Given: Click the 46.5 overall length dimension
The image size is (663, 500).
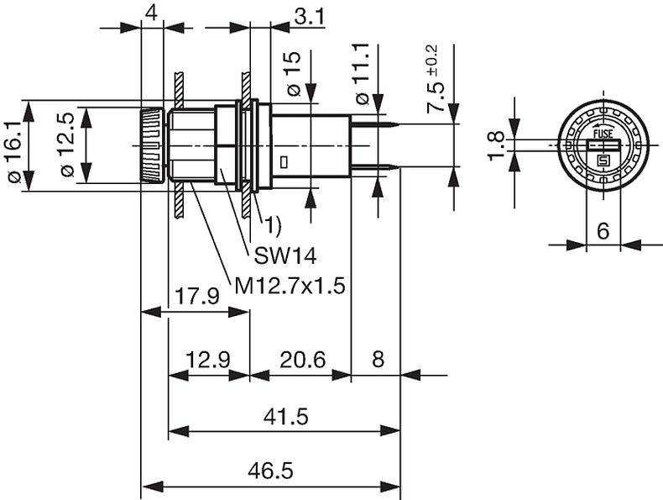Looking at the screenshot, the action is click(x=270, y=471).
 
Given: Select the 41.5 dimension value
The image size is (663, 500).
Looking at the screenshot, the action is click(x=286, y=417).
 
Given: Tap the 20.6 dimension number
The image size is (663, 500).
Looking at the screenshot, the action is click(x=303, y=360).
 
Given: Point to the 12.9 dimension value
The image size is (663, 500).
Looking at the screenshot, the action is click(x=208, y=360).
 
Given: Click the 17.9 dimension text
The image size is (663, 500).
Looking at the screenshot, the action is click(x=197, y=297).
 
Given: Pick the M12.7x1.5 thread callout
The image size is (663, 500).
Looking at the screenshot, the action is click(x=290, y=287).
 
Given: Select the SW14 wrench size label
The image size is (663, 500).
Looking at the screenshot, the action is click(x=285, y=255).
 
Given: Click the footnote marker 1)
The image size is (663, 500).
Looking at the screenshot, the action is click(x=273, y=226).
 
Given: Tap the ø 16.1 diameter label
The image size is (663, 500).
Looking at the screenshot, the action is click(x=14, y=152).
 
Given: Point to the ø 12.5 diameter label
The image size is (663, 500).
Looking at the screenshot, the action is click(x=67, y=145).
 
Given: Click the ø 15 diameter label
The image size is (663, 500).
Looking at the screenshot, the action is click(x=293, y=74).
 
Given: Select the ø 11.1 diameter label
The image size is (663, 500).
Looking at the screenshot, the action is click(x=363, y=74).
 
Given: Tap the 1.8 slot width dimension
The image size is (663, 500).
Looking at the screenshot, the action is click(x=496, y=146).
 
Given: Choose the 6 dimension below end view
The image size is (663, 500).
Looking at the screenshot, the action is click(x=603, y=231).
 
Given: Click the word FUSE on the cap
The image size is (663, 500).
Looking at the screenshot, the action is click(x=603, y=134).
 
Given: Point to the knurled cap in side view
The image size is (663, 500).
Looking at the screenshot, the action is click(x=152, y=145).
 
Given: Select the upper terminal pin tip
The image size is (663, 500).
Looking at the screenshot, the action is click(x=399, y=124).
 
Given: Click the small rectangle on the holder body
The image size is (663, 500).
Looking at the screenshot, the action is click(x=285, y=161).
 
